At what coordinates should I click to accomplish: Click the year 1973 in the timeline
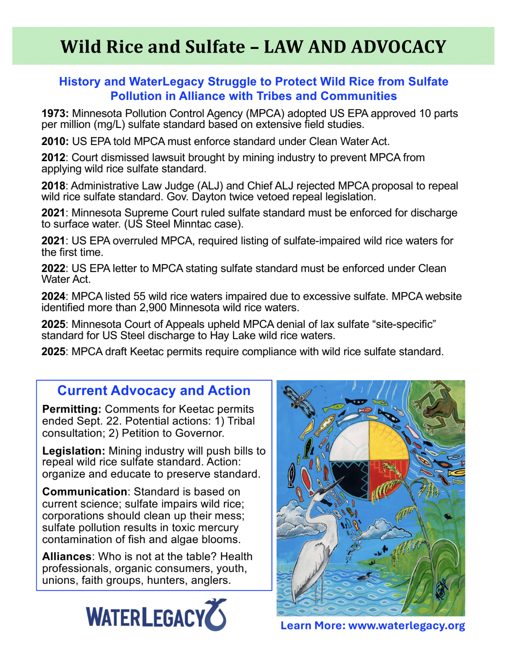(54, 114)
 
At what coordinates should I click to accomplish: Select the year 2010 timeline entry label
(54, 141)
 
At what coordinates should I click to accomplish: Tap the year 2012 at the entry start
(54, 157)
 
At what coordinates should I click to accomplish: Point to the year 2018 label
(54, 186)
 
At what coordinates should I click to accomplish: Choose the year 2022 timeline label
(54, 268)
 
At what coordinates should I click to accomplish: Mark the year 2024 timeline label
(54, 296)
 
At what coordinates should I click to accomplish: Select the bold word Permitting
(71, 409)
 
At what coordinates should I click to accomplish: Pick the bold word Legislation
(74, 451)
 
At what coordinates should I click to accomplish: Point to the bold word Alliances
(67, 556)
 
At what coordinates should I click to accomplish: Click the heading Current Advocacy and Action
(154, 390)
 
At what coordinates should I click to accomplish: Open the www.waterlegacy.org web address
(406, 626)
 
